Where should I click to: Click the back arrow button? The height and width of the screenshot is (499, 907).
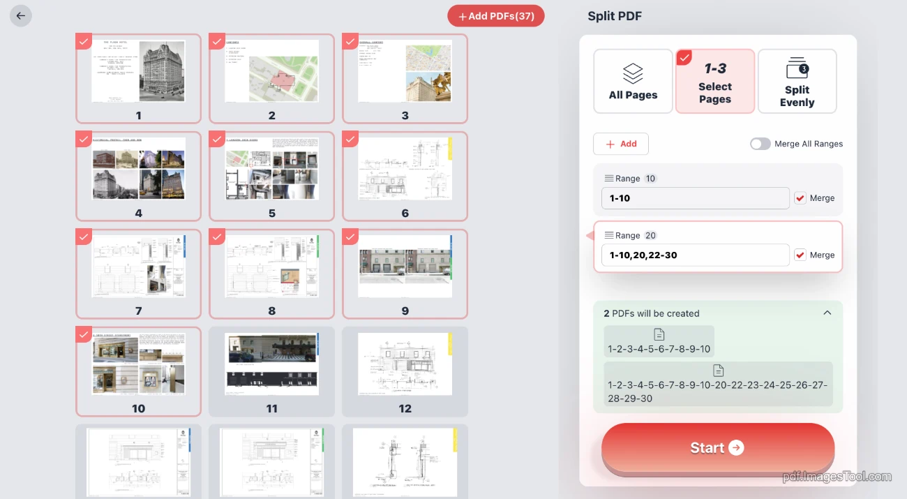pyautogui.click(x=21, y=16)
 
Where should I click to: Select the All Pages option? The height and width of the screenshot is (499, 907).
pyautogui.click(x=633, y=81)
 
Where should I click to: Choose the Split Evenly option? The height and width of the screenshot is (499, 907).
pyautogui.click(x=797, y=81)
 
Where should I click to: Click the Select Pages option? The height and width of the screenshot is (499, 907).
pyautogui.click(x=714, y=81)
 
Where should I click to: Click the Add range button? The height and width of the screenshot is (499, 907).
pyautogui.click(x=620, y=144)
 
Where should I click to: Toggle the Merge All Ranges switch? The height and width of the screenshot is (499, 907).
pyautogui.click(x=760, y=144)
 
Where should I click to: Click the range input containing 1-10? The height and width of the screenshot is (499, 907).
pyautogui.click(x=695, y=198)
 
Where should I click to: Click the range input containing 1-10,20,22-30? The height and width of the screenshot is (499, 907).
pyautogui.click(x=695, y=255)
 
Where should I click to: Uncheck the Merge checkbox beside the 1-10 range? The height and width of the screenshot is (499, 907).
pyautogui.click(x=800, y=198)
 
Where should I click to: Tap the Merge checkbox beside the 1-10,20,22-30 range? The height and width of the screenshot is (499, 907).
pyautogui.click(x=800, y=255)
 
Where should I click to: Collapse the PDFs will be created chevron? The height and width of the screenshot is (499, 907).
pyautogui.click(x=827, y=313)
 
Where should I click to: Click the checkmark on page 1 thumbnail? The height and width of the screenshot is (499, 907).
pyautogui.click(x=84, y=42)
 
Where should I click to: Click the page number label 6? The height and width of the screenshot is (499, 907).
pyautogui.click(x=405, y=214)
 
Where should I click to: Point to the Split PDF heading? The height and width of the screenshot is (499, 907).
pyautogui.click(x=614, y=16)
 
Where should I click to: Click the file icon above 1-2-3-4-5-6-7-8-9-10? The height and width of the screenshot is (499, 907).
pyautogui.click(x=659, y=335)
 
